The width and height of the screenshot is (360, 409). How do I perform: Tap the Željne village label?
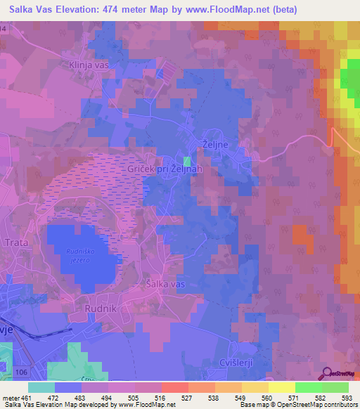pyautogui.click(x=217, y=143)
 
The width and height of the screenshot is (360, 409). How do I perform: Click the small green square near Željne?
pyautogui.click(x=186, y=161)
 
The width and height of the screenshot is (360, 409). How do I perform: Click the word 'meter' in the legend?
pyautogui.click(x=10, y=398)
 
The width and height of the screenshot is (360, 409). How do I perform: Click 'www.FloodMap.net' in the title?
pyautogui.click(x=226, y=9)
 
